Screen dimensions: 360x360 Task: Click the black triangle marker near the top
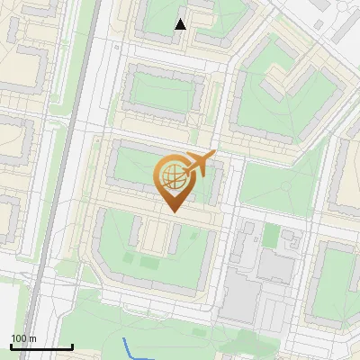coord(181,24)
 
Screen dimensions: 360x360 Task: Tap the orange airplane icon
coord(200,164)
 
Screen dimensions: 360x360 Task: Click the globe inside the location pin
coord(171,175)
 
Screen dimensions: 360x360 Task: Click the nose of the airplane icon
coord(214,154)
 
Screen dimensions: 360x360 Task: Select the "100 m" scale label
coord(23,338)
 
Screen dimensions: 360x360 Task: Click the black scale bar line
coord(40,347)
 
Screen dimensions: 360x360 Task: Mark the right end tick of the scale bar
coord(72,346)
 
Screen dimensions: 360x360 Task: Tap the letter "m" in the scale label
coord(32,338)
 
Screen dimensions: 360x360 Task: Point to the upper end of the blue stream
coord(124,339)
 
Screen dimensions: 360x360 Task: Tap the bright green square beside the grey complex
coord(269,235)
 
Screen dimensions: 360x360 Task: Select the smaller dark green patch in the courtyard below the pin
coord(125,262)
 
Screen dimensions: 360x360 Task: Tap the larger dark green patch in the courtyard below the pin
coord(149,262)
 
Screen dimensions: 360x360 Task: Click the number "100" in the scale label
coord(19,338)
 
